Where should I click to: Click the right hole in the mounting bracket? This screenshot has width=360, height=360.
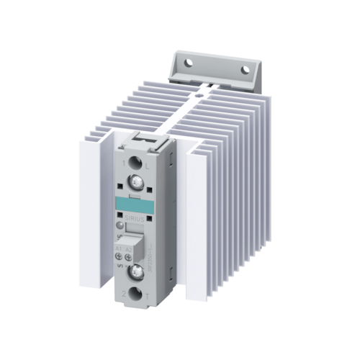tap(246, 69)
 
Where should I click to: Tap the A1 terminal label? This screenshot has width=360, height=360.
tap(120, 248)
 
